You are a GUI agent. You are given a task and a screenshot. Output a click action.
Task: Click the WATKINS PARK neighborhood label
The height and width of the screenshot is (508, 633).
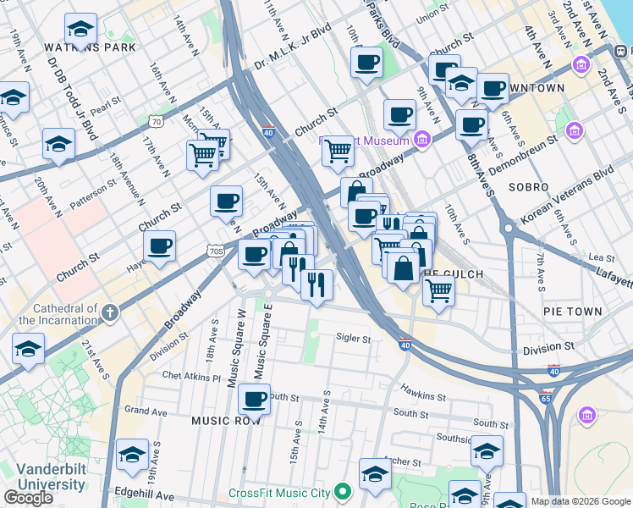pos(79,47)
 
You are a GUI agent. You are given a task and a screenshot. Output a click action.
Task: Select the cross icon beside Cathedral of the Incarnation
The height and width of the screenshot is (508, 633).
pos(108,314)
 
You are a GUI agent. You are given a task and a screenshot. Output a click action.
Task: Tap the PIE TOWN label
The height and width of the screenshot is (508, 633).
pos(572,312)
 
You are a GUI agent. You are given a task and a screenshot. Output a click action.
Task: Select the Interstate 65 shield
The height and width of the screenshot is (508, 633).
pos(547,397)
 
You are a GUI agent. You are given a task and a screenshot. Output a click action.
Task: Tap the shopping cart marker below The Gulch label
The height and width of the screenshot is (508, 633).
pos(438,291)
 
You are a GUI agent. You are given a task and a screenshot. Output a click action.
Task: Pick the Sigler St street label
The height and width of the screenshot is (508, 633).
pos(354,339)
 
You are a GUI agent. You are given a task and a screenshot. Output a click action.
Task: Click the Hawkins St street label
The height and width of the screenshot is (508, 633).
pos(423,395)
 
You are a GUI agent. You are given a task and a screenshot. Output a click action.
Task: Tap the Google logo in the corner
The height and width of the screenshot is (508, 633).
pos(29,498)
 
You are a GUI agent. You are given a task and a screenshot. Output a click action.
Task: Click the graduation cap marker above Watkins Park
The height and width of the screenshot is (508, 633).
pos(80,30)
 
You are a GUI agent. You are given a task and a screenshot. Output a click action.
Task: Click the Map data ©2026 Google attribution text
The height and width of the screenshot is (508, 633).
pos(580,501)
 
